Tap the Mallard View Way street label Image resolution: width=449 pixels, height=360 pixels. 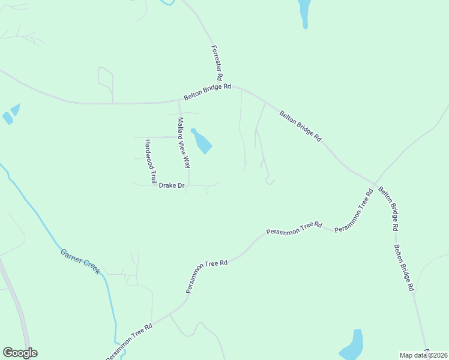[184, 142]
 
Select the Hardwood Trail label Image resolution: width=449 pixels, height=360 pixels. [150, 161]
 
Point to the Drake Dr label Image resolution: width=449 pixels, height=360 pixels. [172, 186]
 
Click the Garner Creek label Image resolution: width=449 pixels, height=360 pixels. [80, 261]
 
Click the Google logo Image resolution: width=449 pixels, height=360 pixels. [20, 353]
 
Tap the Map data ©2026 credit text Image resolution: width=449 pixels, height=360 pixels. [424, 355]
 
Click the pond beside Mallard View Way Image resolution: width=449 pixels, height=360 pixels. [202, 142]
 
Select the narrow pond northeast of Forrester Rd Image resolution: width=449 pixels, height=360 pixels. [304, 12]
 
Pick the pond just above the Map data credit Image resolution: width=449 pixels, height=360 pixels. [352, 345]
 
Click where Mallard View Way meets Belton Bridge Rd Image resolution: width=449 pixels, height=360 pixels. [179, 102]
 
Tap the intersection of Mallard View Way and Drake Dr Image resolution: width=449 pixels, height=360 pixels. [189, 185]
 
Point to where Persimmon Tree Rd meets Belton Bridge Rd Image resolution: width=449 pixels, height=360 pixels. [374, 184]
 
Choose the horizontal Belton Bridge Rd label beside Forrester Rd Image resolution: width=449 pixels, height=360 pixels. [207, 92]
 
